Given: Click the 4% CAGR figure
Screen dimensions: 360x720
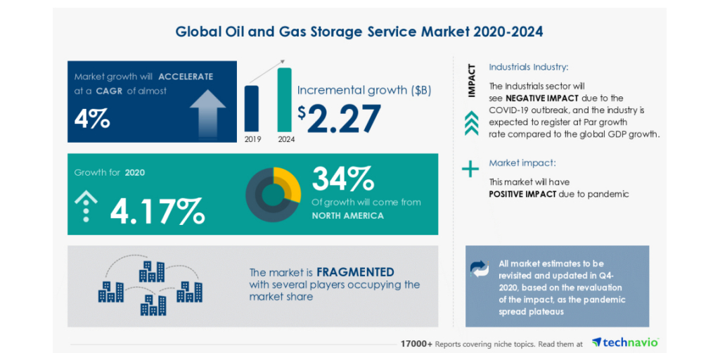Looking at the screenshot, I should pos(92,118).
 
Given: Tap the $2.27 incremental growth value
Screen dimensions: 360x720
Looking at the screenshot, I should pos(339,117).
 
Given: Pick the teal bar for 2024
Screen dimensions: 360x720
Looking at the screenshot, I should pos(285,99).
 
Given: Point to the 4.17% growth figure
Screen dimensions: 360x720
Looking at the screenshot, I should pos(157,209).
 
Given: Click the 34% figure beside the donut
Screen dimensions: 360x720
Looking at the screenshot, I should pos(342,179).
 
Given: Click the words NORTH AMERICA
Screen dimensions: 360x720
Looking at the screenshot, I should pos(348,216).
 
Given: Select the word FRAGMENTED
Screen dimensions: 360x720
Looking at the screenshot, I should pos(355,272).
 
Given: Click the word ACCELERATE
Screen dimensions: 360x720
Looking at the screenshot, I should pos(186,77).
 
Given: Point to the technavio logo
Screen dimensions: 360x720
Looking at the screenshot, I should pos(625,342).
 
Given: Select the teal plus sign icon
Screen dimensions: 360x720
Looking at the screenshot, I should pos(470,169).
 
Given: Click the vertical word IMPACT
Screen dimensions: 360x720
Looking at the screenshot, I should pos(471,80).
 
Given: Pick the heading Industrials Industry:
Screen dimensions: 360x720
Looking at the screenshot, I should pos(529,68).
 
